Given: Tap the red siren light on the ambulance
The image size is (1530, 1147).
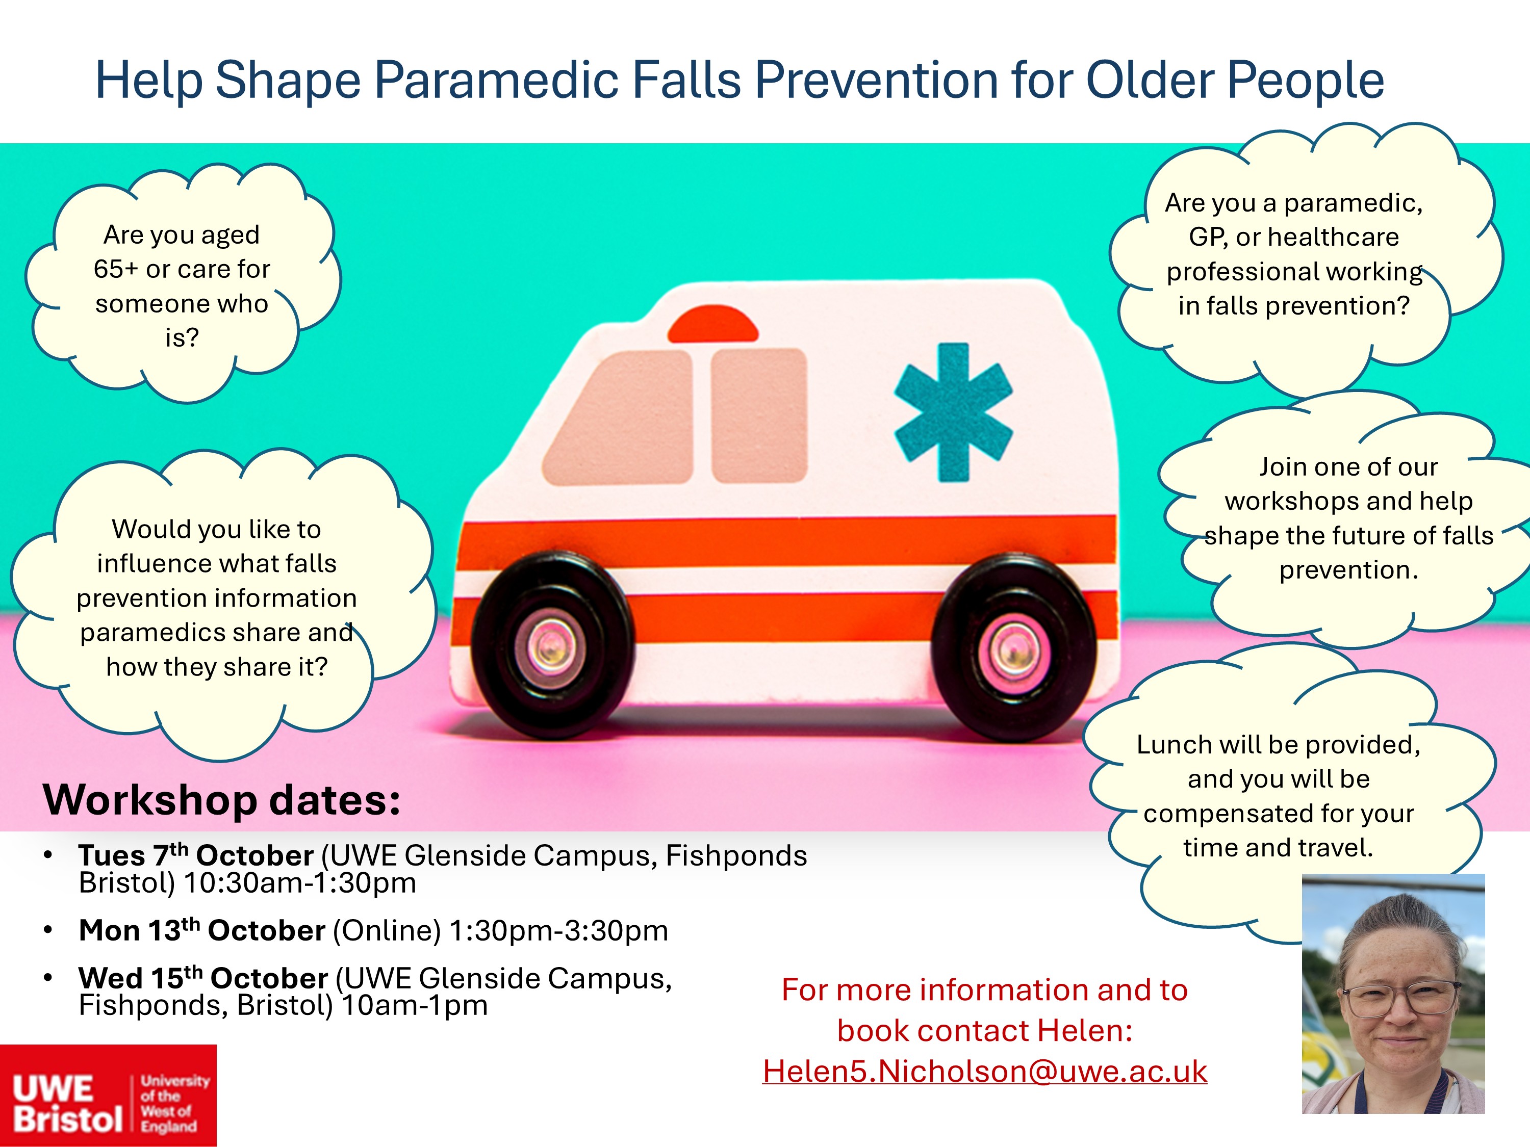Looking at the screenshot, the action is (712, 324).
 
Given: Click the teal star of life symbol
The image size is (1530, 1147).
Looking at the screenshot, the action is (953, 413).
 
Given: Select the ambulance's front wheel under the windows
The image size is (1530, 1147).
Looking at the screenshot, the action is (551, 646).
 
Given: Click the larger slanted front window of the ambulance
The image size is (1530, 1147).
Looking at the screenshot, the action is (618, 417).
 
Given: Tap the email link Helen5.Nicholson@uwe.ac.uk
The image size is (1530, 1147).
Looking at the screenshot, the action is (985, 1071).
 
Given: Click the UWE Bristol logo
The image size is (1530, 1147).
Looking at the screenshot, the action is (109, 1095).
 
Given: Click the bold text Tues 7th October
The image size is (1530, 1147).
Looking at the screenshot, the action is (196, 855).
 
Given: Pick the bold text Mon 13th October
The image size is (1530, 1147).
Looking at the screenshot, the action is (202, 930).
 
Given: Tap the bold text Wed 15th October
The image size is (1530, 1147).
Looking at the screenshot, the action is (203, 978).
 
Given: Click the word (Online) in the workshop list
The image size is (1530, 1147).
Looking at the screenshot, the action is (387, 930).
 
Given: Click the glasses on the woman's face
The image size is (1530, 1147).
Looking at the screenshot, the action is (1392, 1000).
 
